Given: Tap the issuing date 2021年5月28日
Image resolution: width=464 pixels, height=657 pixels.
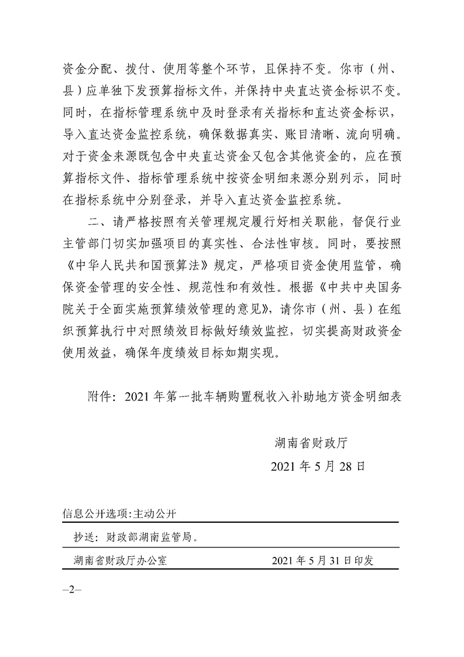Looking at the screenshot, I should click(x=318, y=467).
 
